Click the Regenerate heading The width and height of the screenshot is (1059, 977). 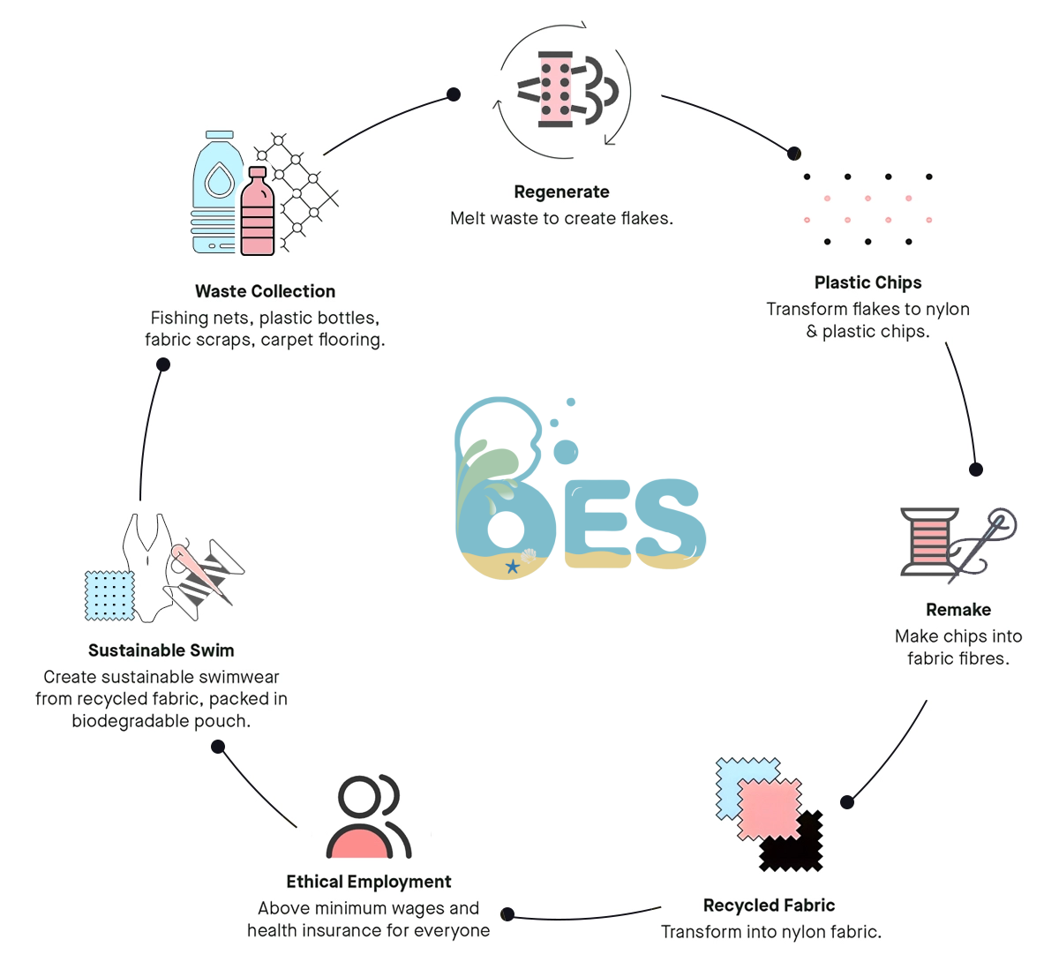561,192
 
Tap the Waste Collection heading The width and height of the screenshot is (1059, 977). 265,291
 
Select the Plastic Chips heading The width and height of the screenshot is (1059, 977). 867,282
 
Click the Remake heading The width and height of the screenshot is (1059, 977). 958,610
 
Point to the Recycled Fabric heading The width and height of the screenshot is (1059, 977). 769,906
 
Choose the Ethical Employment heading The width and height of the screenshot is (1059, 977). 368,882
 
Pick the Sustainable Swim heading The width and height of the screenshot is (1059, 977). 161,650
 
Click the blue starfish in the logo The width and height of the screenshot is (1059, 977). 512,567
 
